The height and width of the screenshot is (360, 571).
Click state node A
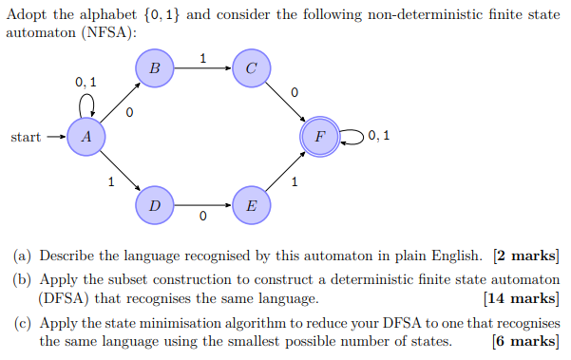86,137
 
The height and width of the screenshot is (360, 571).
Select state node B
155,68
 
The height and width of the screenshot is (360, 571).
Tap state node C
251,68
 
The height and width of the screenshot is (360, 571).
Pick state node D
155,205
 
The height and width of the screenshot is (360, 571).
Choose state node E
251,205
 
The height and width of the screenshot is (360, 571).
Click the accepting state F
320,137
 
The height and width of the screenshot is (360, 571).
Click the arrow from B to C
202,68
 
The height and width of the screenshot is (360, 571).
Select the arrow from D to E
202,205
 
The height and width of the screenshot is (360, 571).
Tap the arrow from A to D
120,171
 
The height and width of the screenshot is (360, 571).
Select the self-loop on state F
352,137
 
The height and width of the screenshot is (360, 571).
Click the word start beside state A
26,138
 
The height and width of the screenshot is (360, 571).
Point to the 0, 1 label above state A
86,83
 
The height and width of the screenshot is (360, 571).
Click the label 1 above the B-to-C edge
202,58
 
